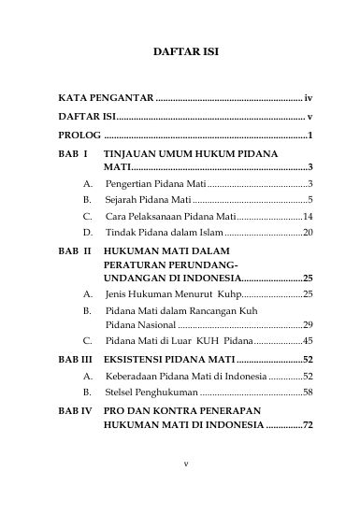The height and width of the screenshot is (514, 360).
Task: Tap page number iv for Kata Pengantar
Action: [309, 97]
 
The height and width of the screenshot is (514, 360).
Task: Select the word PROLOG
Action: [78, 136]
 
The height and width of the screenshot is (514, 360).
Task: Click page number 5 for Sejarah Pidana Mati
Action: [310, 199]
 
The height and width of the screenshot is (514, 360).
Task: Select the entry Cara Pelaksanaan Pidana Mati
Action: [175, 215]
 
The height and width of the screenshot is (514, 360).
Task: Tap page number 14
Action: [307, 215]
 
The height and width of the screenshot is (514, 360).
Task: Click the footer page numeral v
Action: [185, 487]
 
